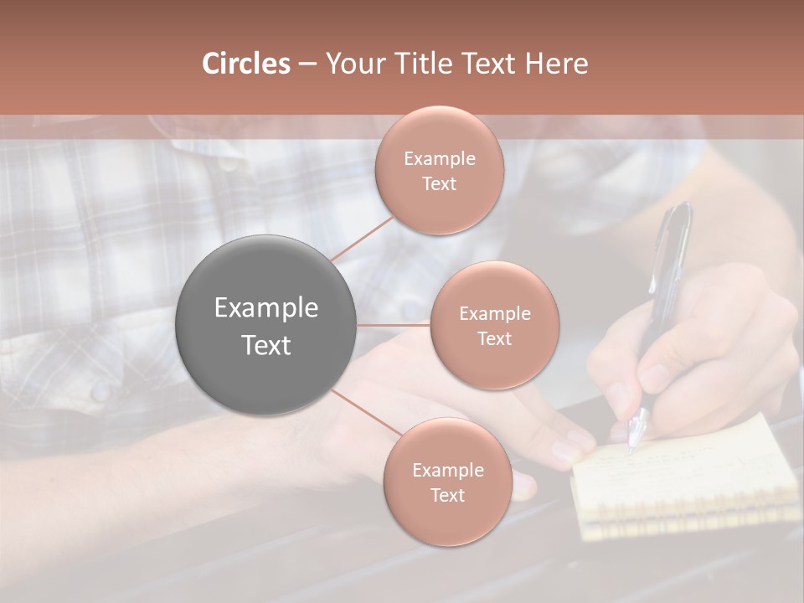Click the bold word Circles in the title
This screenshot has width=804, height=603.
[246, 64]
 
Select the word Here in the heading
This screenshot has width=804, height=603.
[557, 64]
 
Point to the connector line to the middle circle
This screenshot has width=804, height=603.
[394, 325]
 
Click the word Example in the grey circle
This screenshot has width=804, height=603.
[266, 308]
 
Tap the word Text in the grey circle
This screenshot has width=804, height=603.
[266, 345]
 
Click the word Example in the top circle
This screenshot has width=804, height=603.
[440, 159]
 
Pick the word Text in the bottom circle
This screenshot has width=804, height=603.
[447, 495]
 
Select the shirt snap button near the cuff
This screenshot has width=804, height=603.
[100, 390]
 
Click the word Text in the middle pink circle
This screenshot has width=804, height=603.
[495, 338]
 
